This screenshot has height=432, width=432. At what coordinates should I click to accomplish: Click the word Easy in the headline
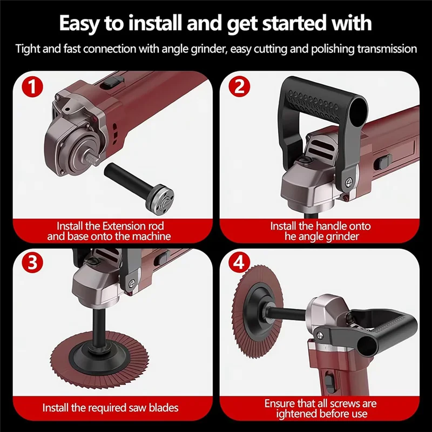[81, 24]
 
